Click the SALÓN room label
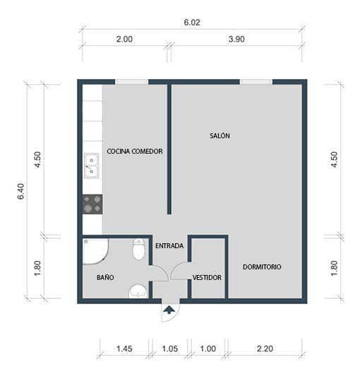(220, 135)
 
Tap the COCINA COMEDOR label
(135, 151)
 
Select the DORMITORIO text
(262, 267)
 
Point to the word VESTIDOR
(207, 277)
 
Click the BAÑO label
(105, 277)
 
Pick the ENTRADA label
(169, 246)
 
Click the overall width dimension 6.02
(192, 23)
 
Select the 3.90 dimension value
(236, 40)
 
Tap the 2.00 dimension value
(124, 40)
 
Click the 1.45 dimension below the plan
(124, 348)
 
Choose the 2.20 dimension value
(265, 348)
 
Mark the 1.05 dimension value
(169, 348)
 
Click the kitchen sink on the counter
(92, 166)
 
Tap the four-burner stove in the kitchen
(92, 204)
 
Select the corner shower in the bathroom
(93, 251)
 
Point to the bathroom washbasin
(138, 290)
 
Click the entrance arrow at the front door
(169, 309)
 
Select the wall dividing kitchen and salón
(169, 149)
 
